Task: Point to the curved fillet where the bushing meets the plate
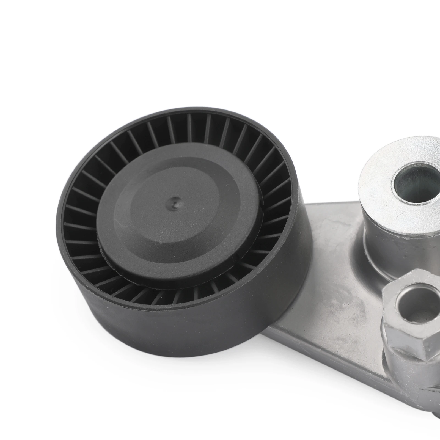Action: pyautogui.click(x=358, y=264)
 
